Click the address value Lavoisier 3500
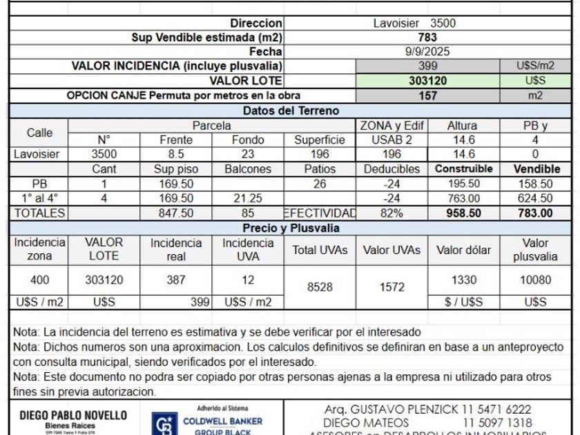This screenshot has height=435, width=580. click(424, 23)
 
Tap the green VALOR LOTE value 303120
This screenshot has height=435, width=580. click(427, 81)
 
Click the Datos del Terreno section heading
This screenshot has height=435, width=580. click(290, 110)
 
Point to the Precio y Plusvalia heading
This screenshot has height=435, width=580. click(290, 229)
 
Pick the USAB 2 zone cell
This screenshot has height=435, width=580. click(391, 139)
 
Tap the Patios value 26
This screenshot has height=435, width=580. click(320, 184)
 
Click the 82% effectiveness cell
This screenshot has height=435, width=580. click(391, 213)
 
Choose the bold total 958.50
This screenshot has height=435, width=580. click(463, 213)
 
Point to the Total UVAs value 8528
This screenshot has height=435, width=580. click(320, 287)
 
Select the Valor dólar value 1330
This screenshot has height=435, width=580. click(463, 280)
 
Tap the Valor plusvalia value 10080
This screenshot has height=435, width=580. click(535, 280)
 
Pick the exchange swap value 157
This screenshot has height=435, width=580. click(427, 96)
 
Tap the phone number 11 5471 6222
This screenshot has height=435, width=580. click(496, 409)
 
